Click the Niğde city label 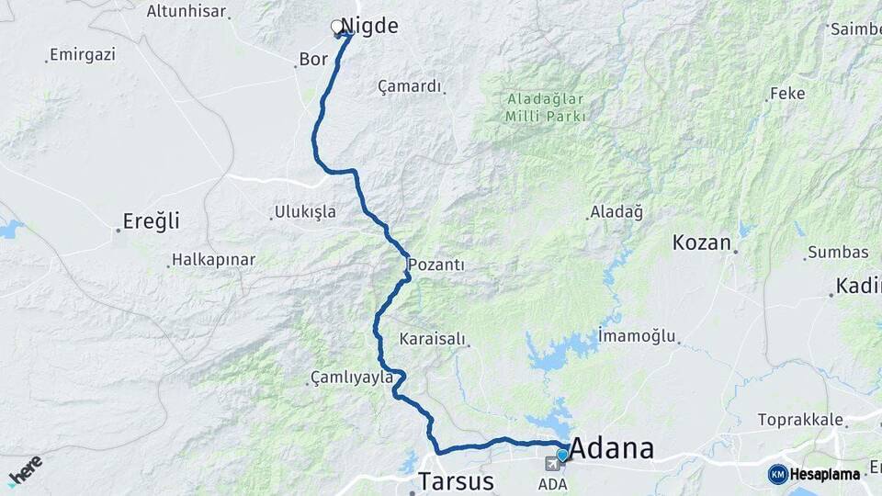369,26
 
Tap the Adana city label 612,448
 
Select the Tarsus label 456,480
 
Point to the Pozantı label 436,265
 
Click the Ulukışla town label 306,212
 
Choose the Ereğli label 152,221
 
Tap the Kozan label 701,242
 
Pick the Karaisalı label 433,339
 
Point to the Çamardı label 410,86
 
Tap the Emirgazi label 83,55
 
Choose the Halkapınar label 214,260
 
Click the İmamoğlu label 637,335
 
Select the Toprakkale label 800,420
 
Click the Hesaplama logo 814,474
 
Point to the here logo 25,469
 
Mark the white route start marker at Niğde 337,28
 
